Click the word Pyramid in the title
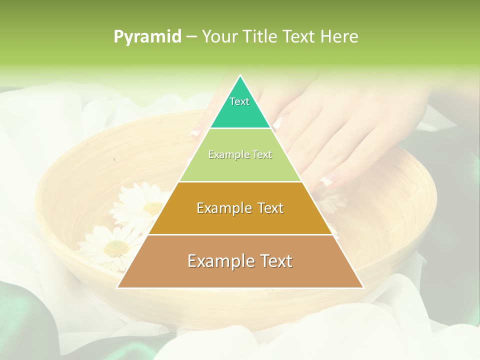point(147,37)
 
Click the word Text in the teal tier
point(239,101)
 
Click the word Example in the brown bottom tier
point(218,261)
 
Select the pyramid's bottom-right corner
point(363,287)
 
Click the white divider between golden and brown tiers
point(240,234)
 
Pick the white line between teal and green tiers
point(240,128)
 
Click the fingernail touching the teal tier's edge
point(278,121)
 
